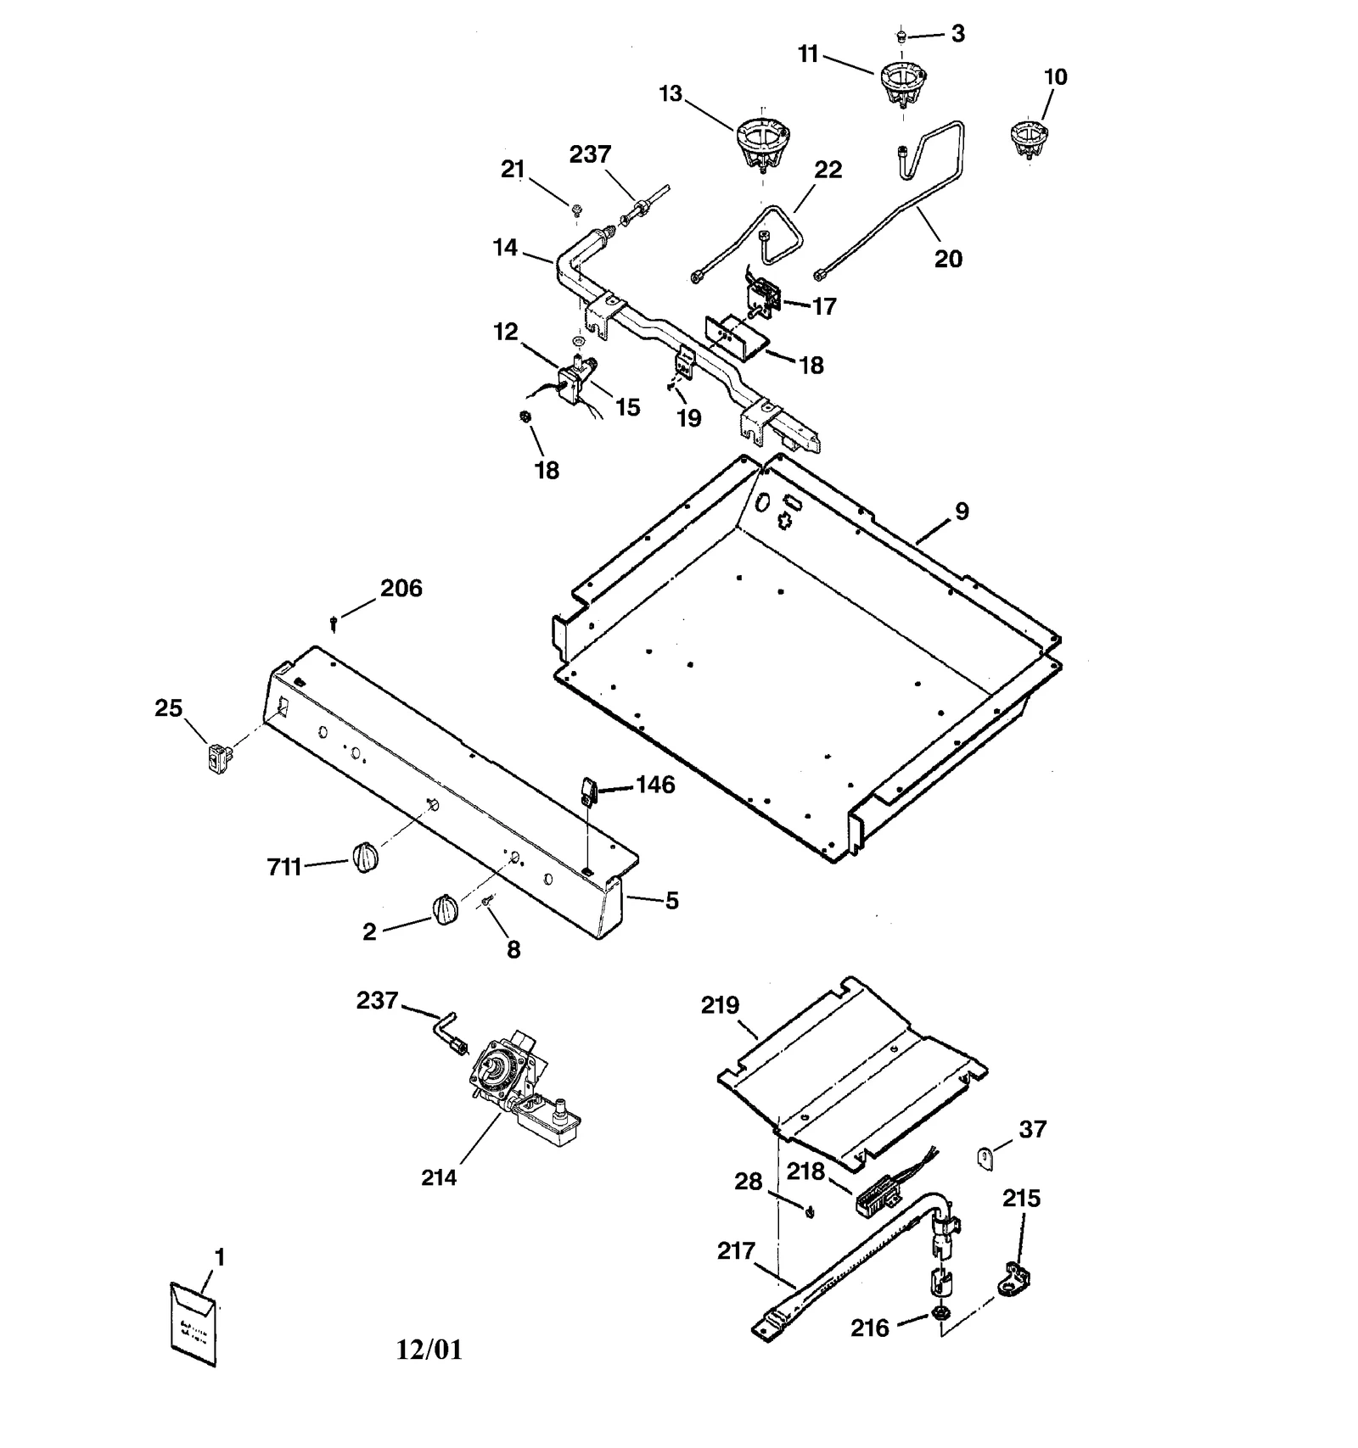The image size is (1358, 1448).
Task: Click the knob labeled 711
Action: point(364,858)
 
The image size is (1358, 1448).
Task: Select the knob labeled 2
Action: point(445,910)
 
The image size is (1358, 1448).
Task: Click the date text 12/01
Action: point(429,1350)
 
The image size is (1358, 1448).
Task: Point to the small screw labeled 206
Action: point(334,623)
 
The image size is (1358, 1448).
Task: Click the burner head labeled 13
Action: point(762,143)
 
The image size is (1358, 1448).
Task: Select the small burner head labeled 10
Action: point(1030,138)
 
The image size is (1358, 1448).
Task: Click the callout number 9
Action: point(962,511)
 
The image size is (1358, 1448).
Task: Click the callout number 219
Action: point(720,1005)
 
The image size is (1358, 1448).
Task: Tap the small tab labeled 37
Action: point(985,1157)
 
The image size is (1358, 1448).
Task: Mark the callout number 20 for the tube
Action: point(948,259)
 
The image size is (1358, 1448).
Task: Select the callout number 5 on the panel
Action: point(671,900)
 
